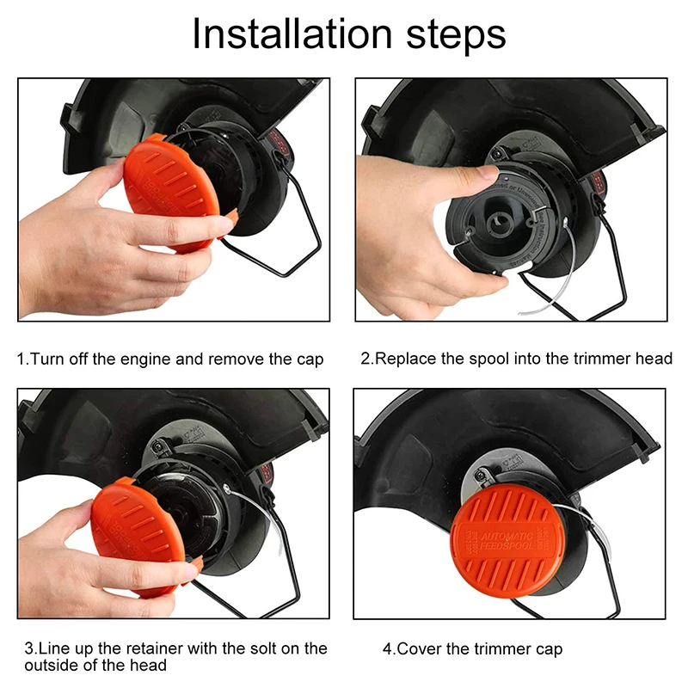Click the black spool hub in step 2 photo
tap(498, 224)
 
